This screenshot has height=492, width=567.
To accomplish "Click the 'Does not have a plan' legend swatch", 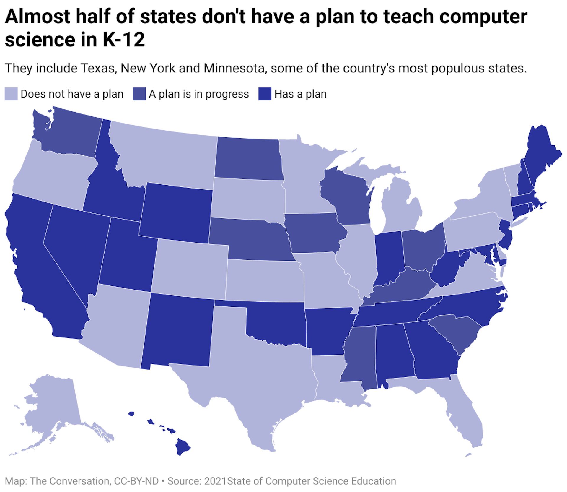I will (x=11, y=94).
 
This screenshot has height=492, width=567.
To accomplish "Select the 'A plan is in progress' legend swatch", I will (x=139, y=94).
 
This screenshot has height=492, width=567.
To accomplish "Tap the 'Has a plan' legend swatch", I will (x=265, y=94).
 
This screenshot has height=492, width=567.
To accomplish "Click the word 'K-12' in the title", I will (x=124, y=40).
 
